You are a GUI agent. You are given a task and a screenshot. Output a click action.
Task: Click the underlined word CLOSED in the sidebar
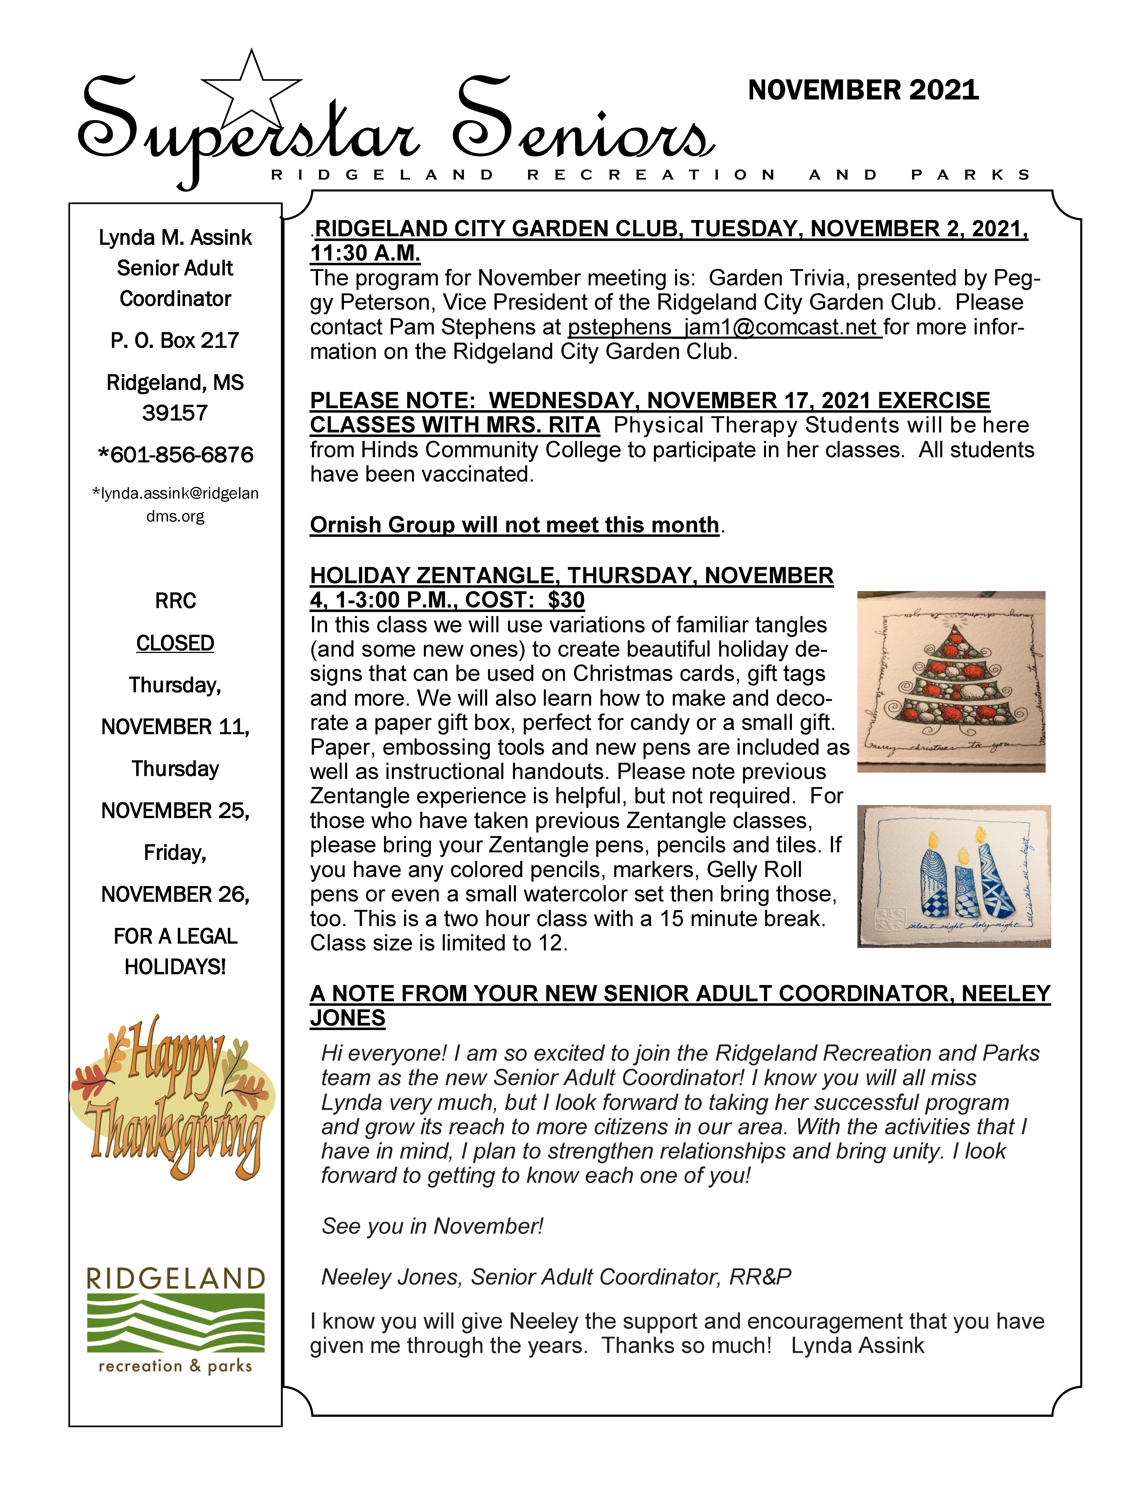point(176,643)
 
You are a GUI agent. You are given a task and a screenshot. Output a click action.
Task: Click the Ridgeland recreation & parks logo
point(176,1321)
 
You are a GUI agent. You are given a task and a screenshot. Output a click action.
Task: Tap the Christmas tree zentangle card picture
point(951,681)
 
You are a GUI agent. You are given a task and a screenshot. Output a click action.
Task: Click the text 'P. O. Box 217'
point(176,340)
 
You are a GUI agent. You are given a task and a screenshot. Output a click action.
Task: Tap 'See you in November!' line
point(433,1226)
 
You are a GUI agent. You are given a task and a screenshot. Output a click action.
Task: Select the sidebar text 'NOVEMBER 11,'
point(176,727)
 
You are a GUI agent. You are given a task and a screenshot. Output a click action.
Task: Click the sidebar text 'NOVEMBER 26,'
point(176,894)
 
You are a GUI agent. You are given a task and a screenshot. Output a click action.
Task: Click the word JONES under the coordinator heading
point(348,1018)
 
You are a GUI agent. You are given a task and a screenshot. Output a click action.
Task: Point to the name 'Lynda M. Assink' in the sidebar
point(176,237)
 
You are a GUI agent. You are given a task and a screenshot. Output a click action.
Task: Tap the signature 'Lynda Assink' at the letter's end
point(858,1345)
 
